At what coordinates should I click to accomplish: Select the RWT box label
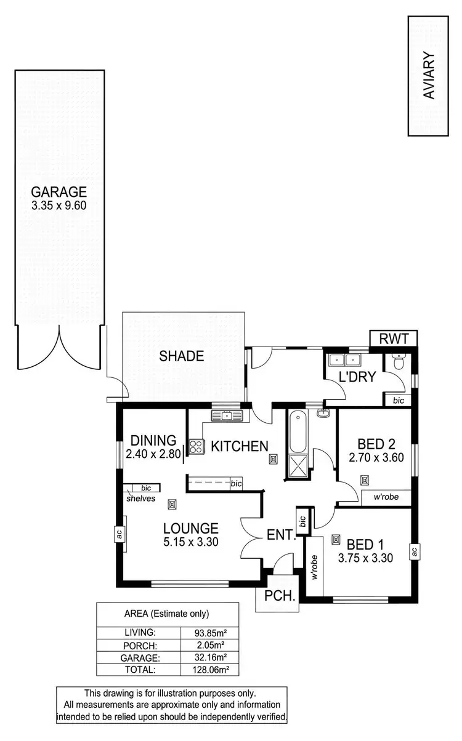tap(393, 338)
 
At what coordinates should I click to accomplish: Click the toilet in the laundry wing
tap(398, 365)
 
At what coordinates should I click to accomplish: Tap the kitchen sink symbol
tap(227, 416)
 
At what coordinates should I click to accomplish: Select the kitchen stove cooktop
tap(196, 446)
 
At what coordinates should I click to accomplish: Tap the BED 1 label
tap(365, 545)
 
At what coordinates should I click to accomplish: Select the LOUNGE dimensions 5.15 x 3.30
tap(190, 542)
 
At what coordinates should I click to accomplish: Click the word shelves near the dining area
tap(141, 499)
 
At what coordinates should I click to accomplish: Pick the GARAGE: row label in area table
tap(139, 657)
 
